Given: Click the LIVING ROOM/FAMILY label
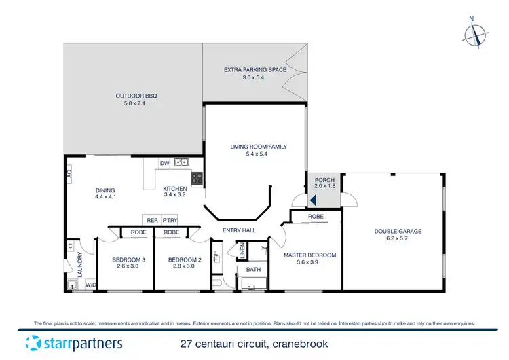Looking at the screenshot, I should tap(254, 147).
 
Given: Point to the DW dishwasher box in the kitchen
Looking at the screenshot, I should tap(164, 163).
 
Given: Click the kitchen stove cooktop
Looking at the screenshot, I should tap(197, 179).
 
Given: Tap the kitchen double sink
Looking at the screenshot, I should tap(181, 163).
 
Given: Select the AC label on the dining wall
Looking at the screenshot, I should tap(70, 174).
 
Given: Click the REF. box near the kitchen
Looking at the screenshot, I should tap(151, 220).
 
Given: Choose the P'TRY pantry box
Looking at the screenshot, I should tap(170, 220).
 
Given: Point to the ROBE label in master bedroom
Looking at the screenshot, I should tap(316, 217).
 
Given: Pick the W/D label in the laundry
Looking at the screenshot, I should tap(90, 285).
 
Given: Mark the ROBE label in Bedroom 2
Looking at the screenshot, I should tap(172, 232).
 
